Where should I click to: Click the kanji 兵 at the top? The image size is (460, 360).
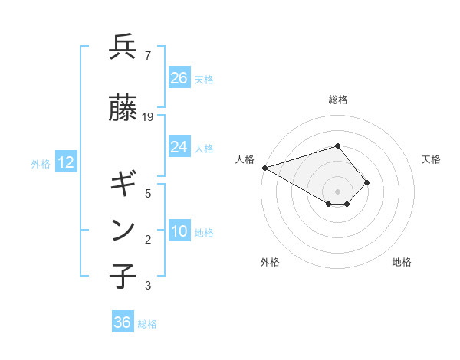click(123, 47)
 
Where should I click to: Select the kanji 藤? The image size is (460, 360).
click(123, 108)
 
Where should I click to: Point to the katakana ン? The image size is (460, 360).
click(123, 230)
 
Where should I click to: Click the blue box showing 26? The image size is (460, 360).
click(179, 78)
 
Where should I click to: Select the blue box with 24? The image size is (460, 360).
click(179, 147)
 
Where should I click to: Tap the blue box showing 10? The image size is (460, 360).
click(179, 232)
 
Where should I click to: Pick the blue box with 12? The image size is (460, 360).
click(66, 162)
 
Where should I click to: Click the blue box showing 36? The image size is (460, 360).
click(123, 322)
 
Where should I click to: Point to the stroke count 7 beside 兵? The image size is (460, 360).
click(147, 56)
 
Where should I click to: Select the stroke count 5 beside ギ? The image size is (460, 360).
click(147, 194)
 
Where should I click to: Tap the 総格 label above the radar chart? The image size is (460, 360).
click(338, 100)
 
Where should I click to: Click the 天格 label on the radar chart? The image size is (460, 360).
click(432, 159)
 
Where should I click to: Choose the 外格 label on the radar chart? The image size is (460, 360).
click(270, 262)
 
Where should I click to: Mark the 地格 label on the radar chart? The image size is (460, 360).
click(402, 262)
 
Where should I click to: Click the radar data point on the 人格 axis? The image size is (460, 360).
click(264, 167)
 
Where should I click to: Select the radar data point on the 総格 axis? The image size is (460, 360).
click(337, 146)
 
